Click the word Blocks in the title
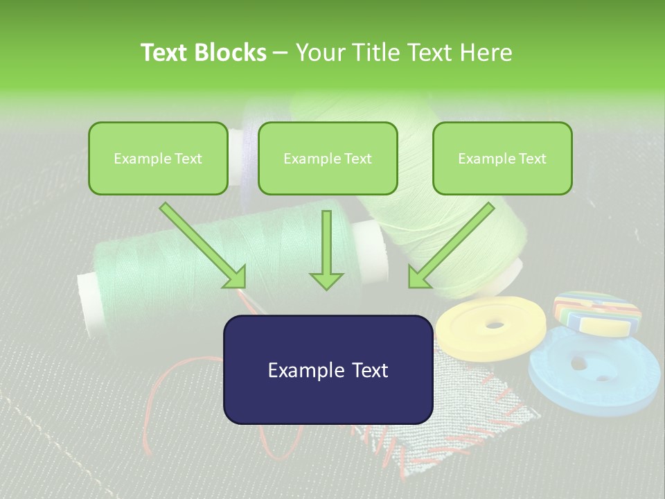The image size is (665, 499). [x=231, y=53]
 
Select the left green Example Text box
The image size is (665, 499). [x=158, y=158]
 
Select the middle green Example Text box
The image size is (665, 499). [x=328, y=158]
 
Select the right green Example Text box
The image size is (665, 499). [x=502, y=158]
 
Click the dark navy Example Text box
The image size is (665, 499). [x=328, y=369]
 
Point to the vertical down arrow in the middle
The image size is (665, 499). [x=326, y=249]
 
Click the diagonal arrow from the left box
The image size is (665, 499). [x=202, y=245]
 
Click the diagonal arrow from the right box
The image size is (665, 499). [x=452, y=245]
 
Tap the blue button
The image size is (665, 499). [x=594, y=374]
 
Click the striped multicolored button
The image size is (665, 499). [x=597, y=312]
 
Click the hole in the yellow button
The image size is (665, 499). [x=495, y=324]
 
